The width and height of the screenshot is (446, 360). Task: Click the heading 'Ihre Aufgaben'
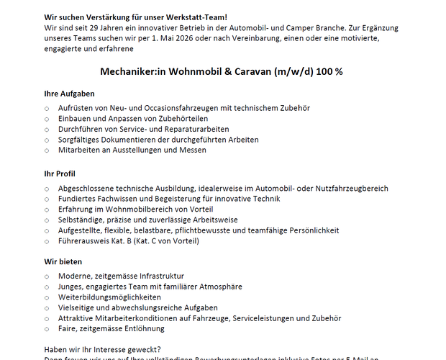[x=69, y=94]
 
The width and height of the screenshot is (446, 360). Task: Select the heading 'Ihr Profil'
[x=60, y=174]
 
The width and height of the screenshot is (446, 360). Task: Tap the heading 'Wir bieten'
[x=63, y=262]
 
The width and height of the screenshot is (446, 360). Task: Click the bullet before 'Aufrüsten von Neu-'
[x=47, y=108]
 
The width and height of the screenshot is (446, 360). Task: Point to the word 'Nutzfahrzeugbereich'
[x=347, y=188]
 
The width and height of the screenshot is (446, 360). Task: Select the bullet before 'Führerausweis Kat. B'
[x=47, y=241]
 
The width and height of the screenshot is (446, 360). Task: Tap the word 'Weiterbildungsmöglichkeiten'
[x=109, y=297]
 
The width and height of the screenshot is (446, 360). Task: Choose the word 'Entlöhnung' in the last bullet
[x=147, y=328]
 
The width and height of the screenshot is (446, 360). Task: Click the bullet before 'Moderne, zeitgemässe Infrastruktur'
[x=47, y=276]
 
